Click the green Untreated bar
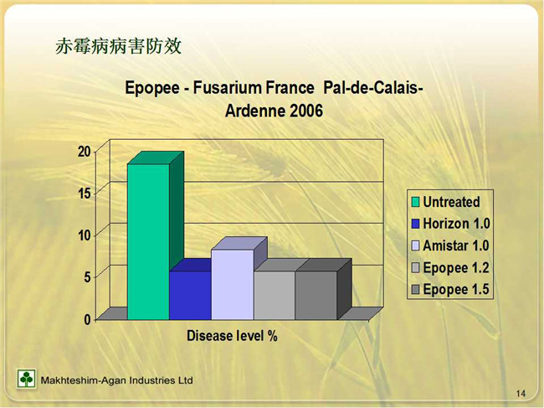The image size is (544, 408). pyautogui.click(x=148, y=241)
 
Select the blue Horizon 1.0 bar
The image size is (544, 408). pyautogui.click(x=190, y=295)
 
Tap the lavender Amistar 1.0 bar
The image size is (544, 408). pyautogui.click(x=233, y=284)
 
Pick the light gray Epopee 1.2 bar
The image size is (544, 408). pyautogui.click(x=275, y=295)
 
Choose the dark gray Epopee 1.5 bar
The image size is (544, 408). pyautogui.click(x=316, y=295)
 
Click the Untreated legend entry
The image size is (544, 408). pyautogui.click(x=446, y=202)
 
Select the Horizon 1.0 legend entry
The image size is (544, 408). pyautogui.click(x=450, y=224)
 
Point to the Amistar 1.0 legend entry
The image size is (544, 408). pyautogui.click(x=450, y=245)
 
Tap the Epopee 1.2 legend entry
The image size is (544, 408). pyautogui.click(x=450, y=268)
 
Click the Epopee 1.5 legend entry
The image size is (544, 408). pyautogui.click(x=450, y=289)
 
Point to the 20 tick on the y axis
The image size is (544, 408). pyautogui.click(x=85, y=152)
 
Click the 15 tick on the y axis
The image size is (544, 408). pyautogui.click(x=85, y=194)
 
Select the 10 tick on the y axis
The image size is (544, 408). pyautogui.click(x=85, y=235)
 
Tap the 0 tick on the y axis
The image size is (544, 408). pyautogui.click(x=87, y=319)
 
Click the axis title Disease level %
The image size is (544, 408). pyautogui.click(x=232, y=336)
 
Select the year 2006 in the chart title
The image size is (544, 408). pyautogui.click(x=306, y=111)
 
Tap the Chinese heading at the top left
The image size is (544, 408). pyautogui.click(x=119, y=46)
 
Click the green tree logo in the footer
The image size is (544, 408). pyautogui.click(x=27, y=379)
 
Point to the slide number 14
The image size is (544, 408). pyautogui.click(x=521, y=394)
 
